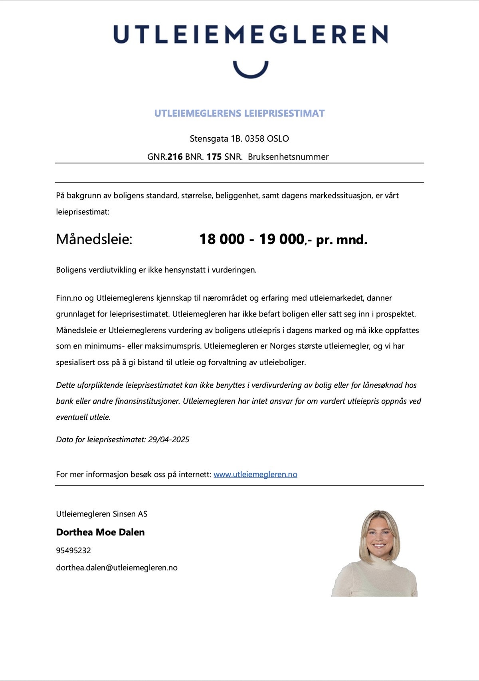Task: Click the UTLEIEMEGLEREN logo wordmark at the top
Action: [x=250, y=34]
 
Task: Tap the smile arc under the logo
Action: [x=251, y=71]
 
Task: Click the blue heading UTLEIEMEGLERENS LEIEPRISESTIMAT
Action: [x=239, y=113]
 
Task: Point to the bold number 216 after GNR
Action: [x=175, y=157]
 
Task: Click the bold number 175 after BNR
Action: [x=214, y=157]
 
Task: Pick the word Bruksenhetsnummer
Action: [x=288, y=157]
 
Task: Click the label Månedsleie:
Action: [x=94, y=239]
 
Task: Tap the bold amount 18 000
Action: [x=222, y=239]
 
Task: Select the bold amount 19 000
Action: [x=282, y=239]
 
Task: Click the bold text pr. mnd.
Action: [x=342, y=240]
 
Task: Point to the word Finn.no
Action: [x=69, y=298]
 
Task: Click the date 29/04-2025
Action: [x=168, y=439]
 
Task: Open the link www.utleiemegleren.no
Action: [x=255, y=474]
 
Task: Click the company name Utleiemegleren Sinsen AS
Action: [x=102, y=514]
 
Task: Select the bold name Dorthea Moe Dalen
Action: [x=101, y=532]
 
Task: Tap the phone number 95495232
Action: [x=73, y=550]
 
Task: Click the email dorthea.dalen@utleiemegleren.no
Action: [x=117, y=568]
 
